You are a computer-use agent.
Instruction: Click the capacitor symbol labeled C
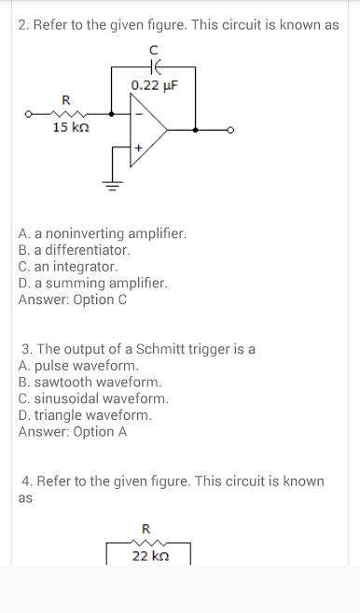pyautogui.click(x=155, y=67)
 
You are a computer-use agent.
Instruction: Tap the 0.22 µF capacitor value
pyautogui.click(x=155, y=85)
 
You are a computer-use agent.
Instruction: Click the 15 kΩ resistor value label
pyautogui.click(x=71, y=127)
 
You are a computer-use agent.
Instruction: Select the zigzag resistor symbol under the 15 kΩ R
pyautogui.click(x=68, y=114)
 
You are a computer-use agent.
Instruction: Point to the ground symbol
pyautogui.click(x=113, y=185)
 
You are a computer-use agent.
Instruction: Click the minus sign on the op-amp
pyautogui.click(x=138, y=114)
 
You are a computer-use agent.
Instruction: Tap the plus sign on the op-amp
pyautogui.click(x=138, y=148)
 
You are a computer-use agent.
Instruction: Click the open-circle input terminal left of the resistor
pyautogui.click(x=28, y=114)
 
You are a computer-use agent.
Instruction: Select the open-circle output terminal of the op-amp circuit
pyautogui.click(x=230, y=131)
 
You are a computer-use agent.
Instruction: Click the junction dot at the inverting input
pyautogui.click(x=111, y=114)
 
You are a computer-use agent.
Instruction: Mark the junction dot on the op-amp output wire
pyautogui.click(x=196, y=131)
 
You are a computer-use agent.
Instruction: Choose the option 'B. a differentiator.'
pyautogui.click(x=75, y=250)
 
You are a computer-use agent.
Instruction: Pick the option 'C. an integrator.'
pyautogui.click(x=68, y=267)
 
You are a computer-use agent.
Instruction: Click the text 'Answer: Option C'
pyautogui.click(x=73, y=300)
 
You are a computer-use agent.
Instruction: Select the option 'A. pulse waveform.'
pyautogui.click(x=78, y=366)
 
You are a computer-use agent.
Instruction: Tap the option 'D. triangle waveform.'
pyautogui.click(x=85, y=415)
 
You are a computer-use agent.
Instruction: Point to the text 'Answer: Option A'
pyautogui.click(x=73, y=432)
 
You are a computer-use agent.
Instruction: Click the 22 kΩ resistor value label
pyautogui.click(x=150, y=555)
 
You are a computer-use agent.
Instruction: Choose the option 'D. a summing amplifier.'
pyautogui.click(x=92, y=283)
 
